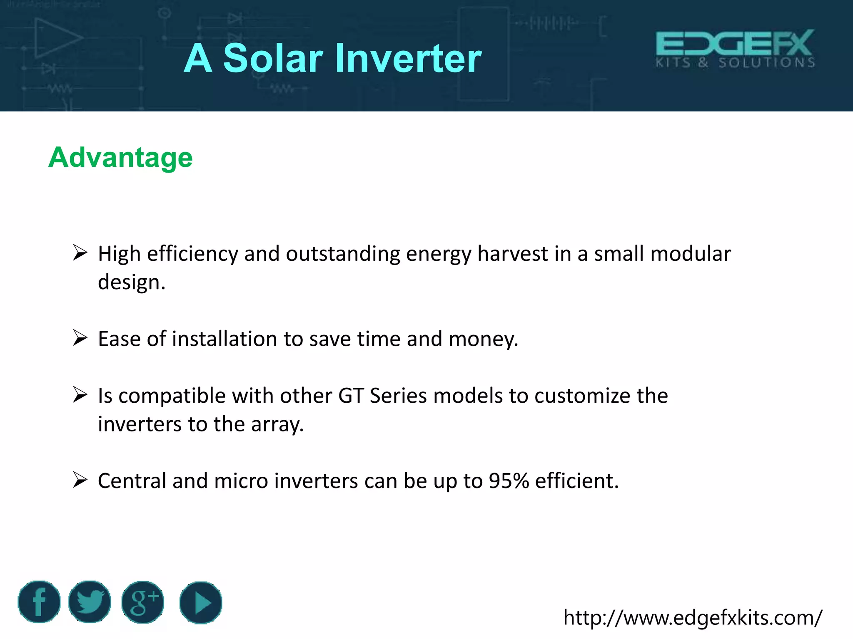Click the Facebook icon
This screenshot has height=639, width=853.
[x=39, y=602]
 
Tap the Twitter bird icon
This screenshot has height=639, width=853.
[x=90, y=602]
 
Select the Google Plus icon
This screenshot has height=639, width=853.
[x=143, y=602]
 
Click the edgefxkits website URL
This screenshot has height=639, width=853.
[x=692, y=618]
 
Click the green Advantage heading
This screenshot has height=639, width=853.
[x=120, y=158]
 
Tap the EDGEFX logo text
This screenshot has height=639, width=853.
[x=735, y=43]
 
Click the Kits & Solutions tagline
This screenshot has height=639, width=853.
[x=735, y=63]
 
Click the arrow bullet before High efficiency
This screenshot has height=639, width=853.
[x=80, y=253]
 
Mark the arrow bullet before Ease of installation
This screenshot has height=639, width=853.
[x=80, y=337]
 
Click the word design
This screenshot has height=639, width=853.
[x=131, y=283]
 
